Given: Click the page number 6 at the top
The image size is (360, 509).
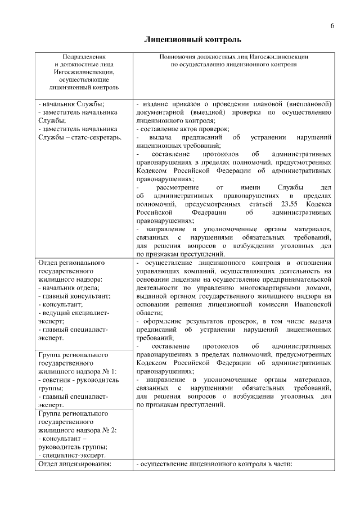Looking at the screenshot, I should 332,26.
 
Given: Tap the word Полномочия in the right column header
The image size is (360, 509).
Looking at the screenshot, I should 177,57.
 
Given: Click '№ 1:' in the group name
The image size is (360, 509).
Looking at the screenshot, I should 109,372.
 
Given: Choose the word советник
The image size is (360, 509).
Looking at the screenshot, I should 54,380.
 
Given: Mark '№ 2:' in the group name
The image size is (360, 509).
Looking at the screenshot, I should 109,430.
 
